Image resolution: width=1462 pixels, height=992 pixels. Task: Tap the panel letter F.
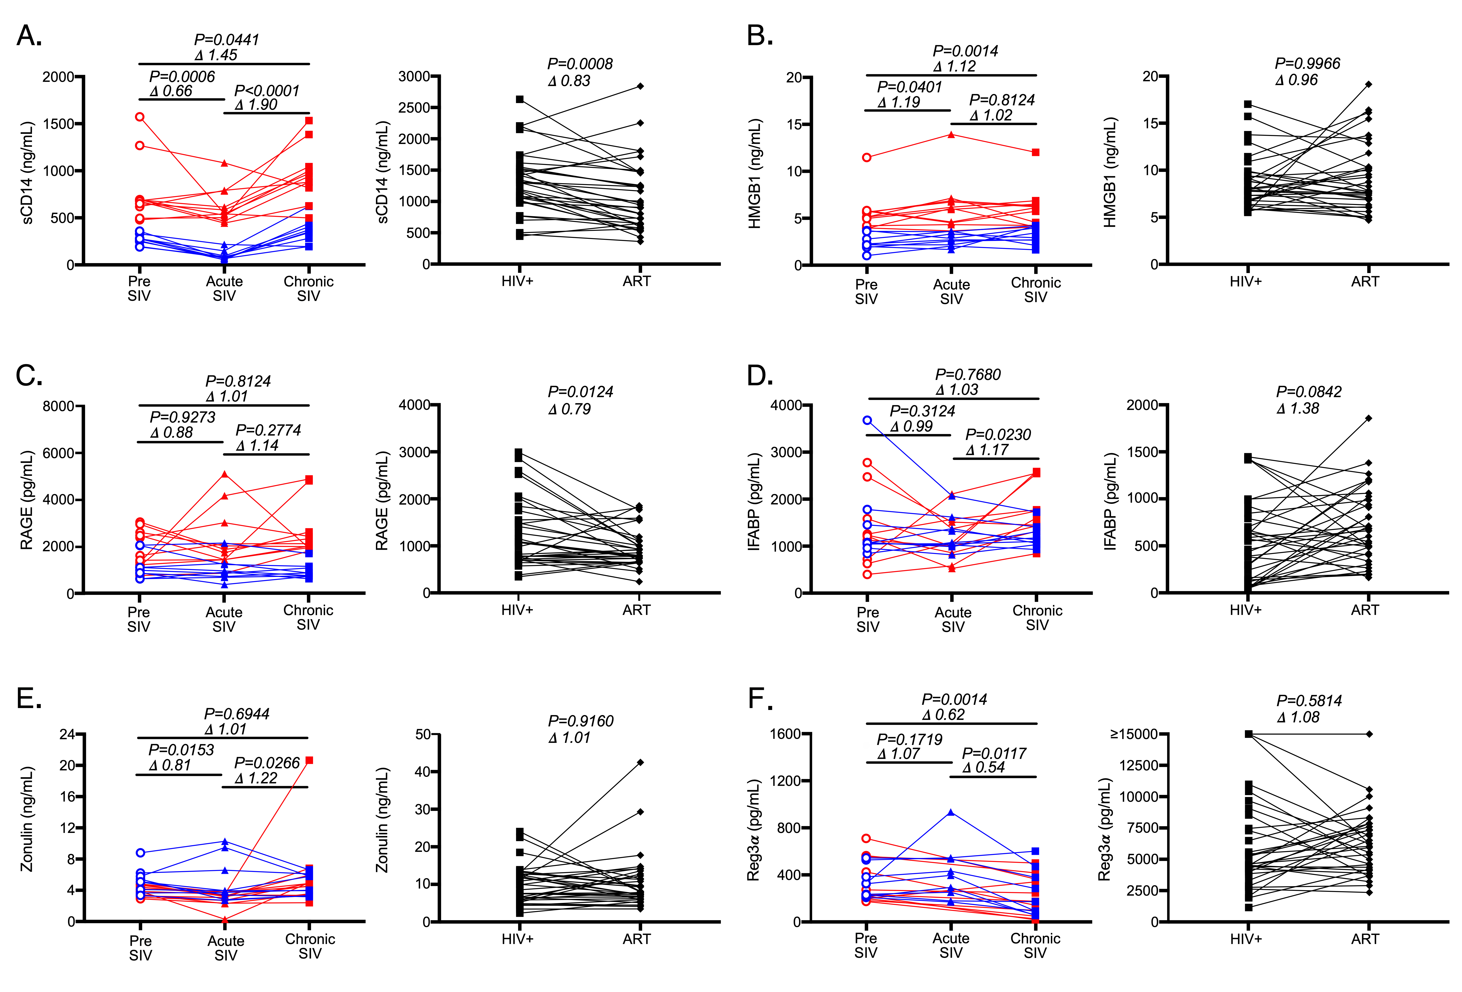tap(758, 699)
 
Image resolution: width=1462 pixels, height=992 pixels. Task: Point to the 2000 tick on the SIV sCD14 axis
tap(58, 77)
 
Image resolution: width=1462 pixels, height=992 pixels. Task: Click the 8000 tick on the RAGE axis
tap(58, 406)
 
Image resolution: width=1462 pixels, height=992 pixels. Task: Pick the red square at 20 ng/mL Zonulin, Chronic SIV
tap(309, 760)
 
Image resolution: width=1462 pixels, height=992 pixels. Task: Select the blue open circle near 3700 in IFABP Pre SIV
tap(867, 420)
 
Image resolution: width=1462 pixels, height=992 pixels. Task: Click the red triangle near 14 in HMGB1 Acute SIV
tap(951, 134)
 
